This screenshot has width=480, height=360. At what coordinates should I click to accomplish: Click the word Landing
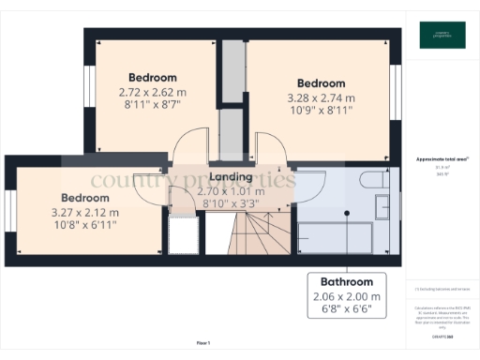(x=230, y=176)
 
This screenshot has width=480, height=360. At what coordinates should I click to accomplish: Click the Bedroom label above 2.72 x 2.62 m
(x=152, y=77)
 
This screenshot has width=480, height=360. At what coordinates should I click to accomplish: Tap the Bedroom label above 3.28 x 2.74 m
(x=321, y=83)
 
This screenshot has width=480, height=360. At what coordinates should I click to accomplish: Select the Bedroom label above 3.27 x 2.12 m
(x=85, y=198)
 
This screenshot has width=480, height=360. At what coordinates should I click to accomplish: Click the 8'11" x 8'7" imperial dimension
(x=151, y=107)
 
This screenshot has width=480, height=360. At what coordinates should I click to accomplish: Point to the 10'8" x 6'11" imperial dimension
(x=85, y=226)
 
